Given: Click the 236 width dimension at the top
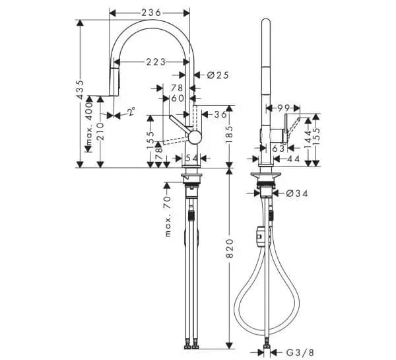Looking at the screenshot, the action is pos(151,13).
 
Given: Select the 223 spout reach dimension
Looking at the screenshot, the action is pos(156,62).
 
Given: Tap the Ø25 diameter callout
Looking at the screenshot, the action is pos(218,75).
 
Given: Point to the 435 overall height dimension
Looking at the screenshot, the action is pos(80,89).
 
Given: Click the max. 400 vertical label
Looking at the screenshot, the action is pos(88,124).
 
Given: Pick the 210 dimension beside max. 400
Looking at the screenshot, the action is pos(100,131).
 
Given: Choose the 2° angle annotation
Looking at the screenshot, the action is pos(131,112).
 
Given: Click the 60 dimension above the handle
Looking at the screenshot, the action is pos(178,98).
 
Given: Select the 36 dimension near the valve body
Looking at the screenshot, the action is pos(220,114).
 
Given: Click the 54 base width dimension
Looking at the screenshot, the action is pos(192,159).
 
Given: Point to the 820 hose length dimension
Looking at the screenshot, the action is pos(229,248).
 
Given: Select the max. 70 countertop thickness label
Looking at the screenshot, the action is pos(168,217).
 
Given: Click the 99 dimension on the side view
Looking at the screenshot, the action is pos(284,108).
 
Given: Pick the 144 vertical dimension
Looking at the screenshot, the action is pos(308,139).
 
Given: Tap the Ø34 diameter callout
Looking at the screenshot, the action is pos(297,194).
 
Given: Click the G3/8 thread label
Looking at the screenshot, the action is pos(300,352).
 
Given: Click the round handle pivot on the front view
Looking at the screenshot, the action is pos(195,138).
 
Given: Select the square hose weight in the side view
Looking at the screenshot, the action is pos(260,236).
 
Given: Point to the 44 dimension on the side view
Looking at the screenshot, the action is pos(293,159).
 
